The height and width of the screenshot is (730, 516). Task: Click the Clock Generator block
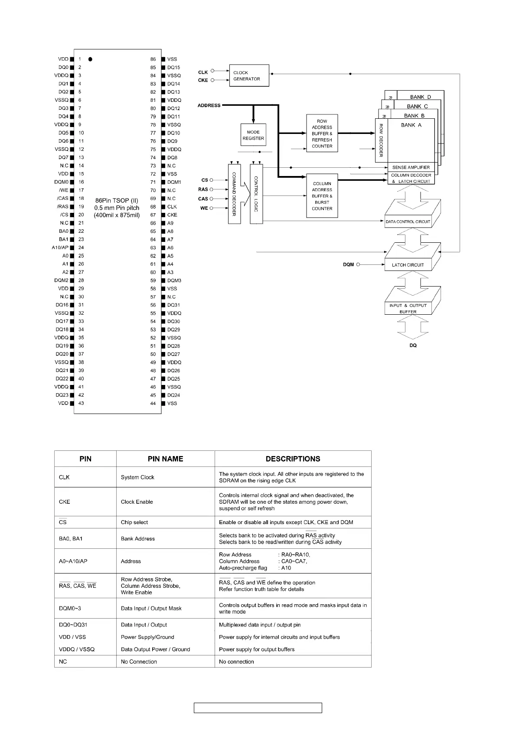pos(249,76)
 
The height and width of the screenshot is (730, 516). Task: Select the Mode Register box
pos(253,135)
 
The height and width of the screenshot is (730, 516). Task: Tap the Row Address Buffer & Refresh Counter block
pos(322,134)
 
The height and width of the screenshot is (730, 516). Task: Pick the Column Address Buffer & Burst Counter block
pos(322,196)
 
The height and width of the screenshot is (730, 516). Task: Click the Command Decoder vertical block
pos(234,194)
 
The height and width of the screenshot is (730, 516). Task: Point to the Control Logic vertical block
pos(256,194)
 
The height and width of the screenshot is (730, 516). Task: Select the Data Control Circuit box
pos(408,222)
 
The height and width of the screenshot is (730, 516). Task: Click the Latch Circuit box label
pos(408,265)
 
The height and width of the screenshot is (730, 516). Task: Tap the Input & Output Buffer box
pos(408,308)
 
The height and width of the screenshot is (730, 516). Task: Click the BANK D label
pos(420,97)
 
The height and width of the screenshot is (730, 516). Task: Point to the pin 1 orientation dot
pos(90,59)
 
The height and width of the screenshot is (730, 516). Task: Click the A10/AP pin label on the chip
pos(60,248)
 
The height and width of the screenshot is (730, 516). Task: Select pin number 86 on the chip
pos(153,59)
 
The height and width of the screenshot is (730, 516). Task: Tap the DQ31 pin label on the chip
pos(173,305)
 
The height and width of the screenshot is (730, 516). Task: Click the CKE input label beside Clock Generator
pos(203,80)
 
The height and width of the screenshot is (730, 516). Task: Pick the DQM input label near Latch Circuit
pos(348,264)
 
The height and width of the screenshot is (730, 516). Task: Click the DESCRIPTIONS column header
pos(293,459)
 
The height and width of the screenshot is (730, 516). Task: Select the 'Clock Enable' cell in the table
pos(137,502)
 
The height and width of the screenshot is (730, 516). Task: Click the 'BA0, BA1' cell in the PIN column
pos(71,539)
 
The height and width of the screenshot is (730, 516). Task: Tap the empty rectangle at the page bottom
pos(258,708)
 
